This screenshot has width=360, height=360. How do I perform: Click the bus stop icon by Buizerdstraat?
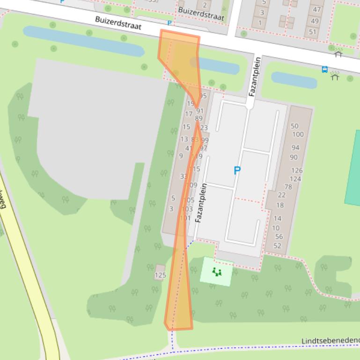[x=324, y=70]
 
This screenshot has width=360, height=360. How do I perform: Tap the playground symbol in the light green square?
[x=216, y=272]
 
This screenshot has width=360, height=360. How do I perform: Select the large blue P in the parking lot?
[x=237, y=171]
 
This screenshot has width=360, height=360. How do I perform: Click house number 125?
[x=160, y=275]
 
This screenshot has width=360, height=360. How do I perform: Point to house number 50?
[x=294, y=126]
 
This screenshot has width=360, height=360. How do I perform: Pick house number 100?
[x=298, y=134]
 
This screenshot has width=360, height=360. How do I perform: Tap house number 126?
[x=296, y=170]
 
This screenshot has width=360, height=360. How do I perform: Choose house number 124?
[x=295, y=179]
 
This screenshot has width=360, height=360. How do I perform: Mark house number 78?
[x=288, y=187]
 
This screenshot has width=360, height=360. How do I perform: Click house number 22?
[x=281, y=194]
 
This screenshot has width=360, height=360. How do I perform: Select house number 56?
[x=279, y=237]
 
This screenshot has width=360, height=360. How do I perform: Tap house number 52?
[x=278, y=245]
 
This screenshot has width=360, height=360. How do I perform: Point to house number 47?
[x=317, y=9]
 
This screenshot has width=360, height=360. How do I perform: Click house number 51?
[x=313, y=32]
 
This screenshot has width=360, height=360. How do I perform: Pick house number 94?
[x=295, y=148]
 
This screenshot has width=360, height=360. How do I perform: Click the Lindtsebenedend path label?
[x=330, y=341]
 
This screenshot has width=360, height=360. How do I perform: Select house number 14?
[x=277, y=218]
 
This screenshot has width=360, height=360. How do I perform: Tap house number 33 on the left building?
[x=184, y=176]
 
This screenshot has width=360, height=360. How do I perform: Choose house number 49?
[x=315, y=21]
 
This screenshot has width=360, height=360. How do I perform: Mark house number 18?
[x=280, y=205]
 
